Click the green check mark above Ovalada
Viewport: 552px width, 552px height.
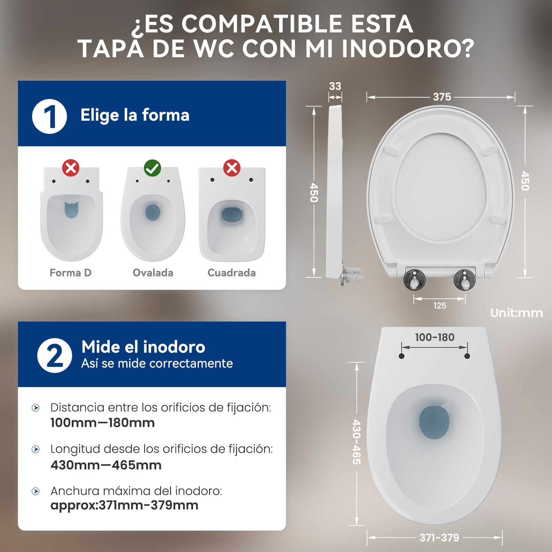click(x=152, y=168)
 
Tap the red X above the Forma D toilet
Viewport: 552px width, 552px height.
click(x=71, y=168)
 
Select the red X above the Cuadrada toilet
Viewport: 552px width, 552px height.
click(x=232, y=168)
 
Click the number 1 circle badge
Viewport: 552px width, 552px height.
click(x=49, y=116)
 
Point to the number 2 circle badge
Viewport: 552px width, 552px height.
click(x=55, y=355)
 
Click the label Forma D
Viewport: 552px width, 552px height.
click(x=71, y=273)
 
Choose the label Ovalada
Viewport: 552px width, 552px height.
click(x=153, y=273)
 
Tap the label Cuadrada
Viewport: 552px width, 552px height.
click(x=231, y=273)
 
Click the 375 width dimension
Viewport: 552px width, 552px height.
click(x=442, y=97)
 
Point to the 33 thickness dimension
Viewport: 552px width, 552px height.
click(x=335, y=86)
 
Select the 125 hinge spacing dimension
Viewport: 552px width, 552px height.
click(x=440, y=306)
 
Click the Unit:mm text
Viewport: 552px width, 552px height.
click(x=516, y=313)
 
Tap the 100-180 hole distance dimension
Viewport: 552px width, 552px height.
click(x=435, y=337)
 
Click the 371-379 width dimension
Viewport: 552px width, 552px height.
click(x=439, y=538)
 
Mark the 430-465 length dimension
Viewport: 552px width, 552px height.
click(x=357, y=442)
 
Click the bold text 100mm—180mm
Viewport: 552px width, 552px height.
click(x=102, y=423)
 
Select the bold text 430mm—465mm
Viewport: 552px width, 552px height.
click(x=106, y=465)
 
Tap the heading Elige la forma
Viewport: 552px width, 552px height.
click(x=135, y=115)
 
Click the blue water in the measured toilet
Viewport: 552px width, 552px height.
click(x=434, y=423)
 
